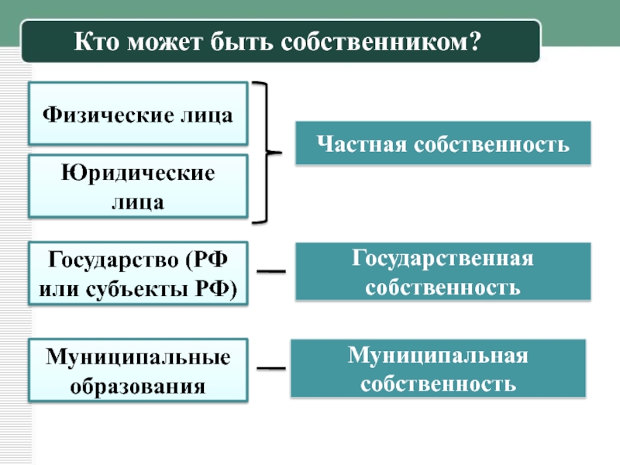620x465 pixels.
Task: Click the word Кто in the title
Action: [x=98, y=41]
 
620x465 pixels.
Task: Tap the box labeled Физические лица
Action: [x=138, y=114]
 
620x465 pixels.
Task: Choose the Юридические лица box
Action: [x=138, y=186]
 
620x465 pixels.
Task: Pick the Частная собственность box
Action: [x=443, y=143]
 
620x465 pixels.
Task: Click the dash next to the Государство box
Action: [x=270, y=271]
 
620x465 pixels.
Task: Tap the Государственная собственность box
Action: [x=443, y=272]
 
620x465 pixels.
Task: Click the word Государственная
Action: [x=443, y=257]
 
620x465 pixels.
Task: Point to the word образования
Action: [x=138, y=385]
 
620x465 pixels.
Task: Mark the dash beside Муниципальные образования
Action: [x=270, y=368]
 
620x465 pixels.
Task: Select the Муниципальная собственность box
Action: [x=438, y=368]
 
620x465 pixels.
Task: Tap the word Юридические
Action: [x=138, y=171]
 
